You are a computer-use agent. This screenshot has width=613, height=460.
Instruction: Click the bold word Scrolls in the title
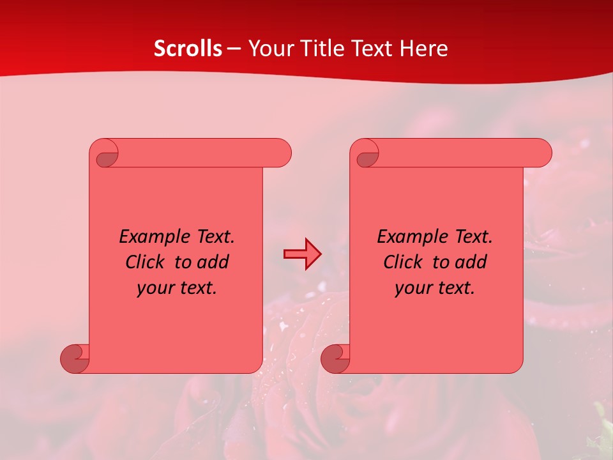(188, 49)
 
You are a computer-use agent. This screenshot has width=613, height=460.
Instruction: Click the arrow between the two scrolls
(302, 254)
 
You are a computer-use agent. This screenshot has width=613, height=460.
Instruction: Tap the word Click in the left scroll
(144, 262)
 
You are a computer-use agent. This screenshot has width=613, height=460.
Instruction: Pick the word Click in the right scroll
(402, 262)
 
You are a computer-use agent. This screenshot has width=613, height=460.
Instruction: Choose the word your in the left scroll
(155, 288)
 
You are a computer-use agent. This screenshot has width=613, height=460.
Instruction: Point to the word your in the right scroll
(412, 288)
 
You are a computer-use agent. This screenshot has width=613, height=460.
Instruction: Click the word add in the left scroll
(213, 262)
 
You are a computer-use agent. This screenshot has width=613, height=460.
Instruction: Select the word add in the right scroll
(471, 262)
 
